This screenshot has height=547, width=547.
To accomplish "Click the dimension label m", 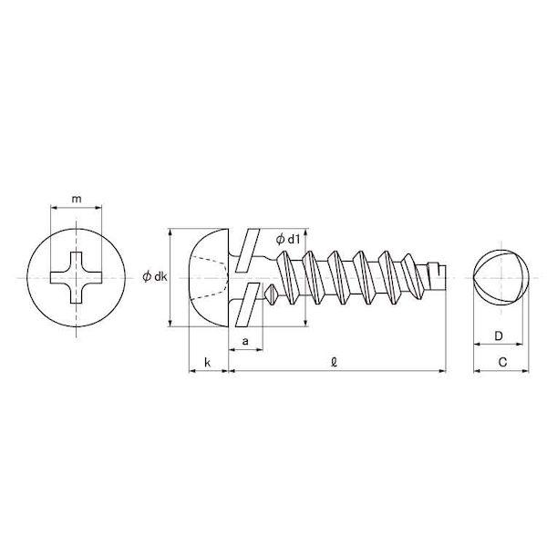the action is tap(77, 199).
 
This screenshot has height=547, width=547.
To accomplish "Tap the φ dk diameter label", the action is tap(155, 277).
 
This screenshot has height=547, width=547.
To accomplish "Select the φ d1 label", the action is tap(288, 239).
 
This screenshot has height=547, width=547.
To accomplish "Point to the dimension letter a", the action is tap(245, 341).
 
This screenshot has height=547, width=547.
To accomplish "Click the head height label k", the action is tap(208, 363).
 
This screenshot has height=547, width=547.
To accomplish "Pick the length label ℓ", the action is tap(334, 362).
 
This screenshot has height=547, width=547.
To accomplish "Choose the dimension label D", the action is tap(499, 335).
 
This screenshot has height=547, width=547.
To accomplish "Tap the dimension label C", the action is tap(502, 363).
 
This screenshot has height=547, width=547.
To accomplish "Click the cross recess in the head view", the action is tap(76, 278).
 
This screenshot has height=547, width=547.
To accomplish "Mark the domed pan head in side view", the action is tap(208, 278).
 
